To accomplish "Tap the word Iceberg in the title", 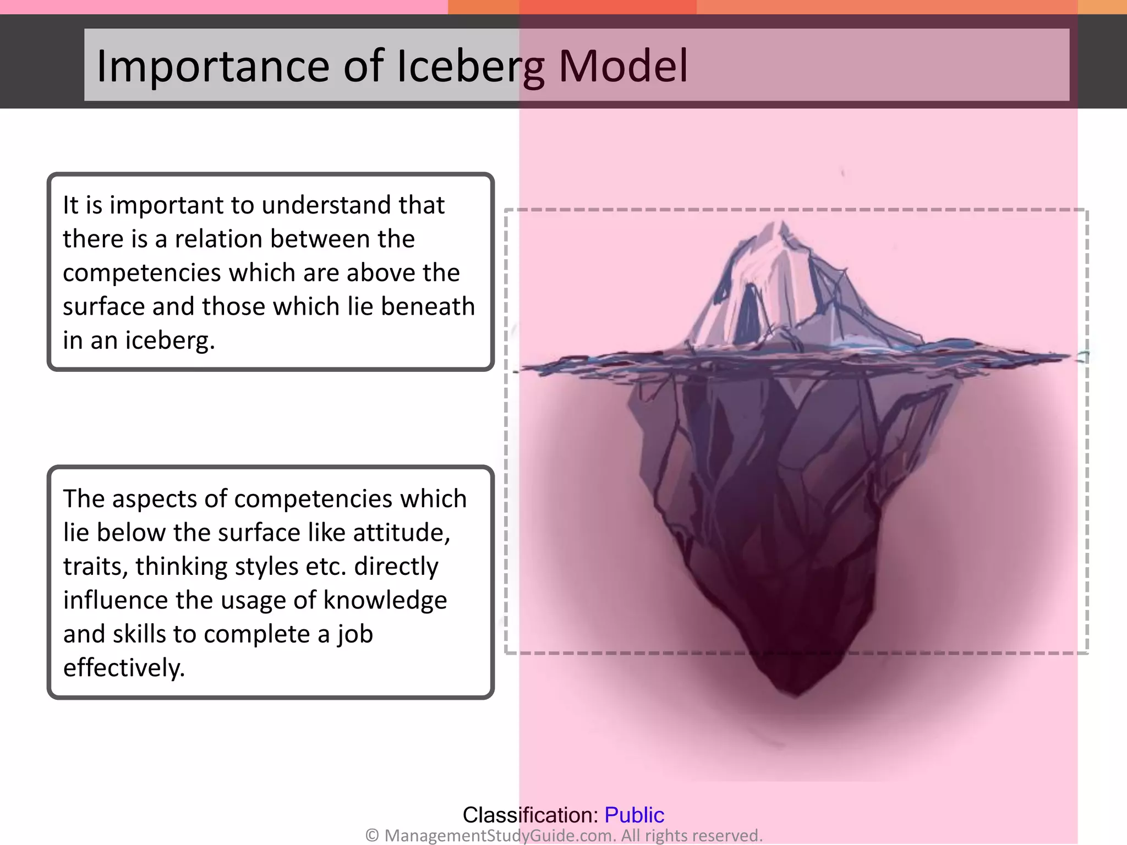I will pyautogui.click(x=471, y=67).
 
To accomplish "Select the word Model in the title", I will pyautogui.click(x=623, y=67).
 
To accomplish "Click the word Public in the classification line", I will pyautogui.click(x=634, y=815).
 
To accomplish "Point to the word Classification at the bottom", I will pyautogui.click(x=530, y=815).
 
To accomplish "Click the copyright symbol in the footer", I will pyautogui.click(x=372, y=836).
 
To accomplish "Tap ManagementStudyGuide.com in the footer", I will pyautogui.click(x=500, y=836).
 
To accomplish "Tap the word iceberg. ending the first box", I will pyautogui.click(x=169, y=341).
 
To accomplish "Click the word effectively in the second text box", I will pyautogui.click(x=124, y=668).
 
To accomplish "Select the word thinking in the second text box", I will pyautogui.click(x=181, y=567).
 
